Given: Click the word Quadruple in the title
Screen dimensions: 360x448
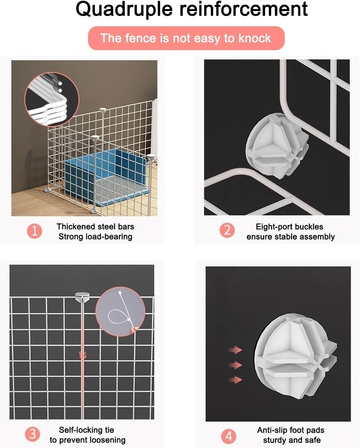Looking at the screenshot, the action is tap(124, 10).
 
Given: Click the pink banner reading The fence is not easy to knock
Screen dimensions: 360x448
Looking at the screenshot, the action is tap(186, 38).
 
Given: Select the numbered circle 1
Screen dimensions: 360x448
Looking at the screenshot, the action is tap(35, 231).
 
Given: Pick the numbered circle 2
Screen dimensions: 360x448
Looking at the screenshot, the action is tap(227, 230).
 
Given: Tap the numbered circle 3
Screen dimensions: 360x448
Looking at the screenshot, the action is tap(33, 434).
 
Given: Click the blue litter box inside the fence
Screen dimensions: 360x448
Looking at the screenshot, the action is tap(106, 177).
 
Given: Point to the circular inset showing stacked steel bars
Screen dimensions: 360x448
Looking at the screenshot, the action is tap(52, 99).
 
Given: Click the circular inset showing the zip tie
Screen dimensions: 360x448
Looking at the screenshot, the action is tap(120, 312).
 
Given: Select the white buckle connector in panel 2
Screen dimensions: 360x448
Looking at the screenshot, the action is tap(277, 146).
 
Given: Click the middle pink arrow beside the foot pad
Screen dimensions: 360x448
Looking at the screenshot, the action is tap(235, 365).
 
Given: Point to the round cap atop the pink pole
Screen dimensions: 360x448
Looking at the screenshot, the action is tap(82, 296).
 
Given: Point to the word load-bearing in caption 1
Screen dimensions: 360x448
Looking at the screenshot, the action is tap(109, 237).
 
